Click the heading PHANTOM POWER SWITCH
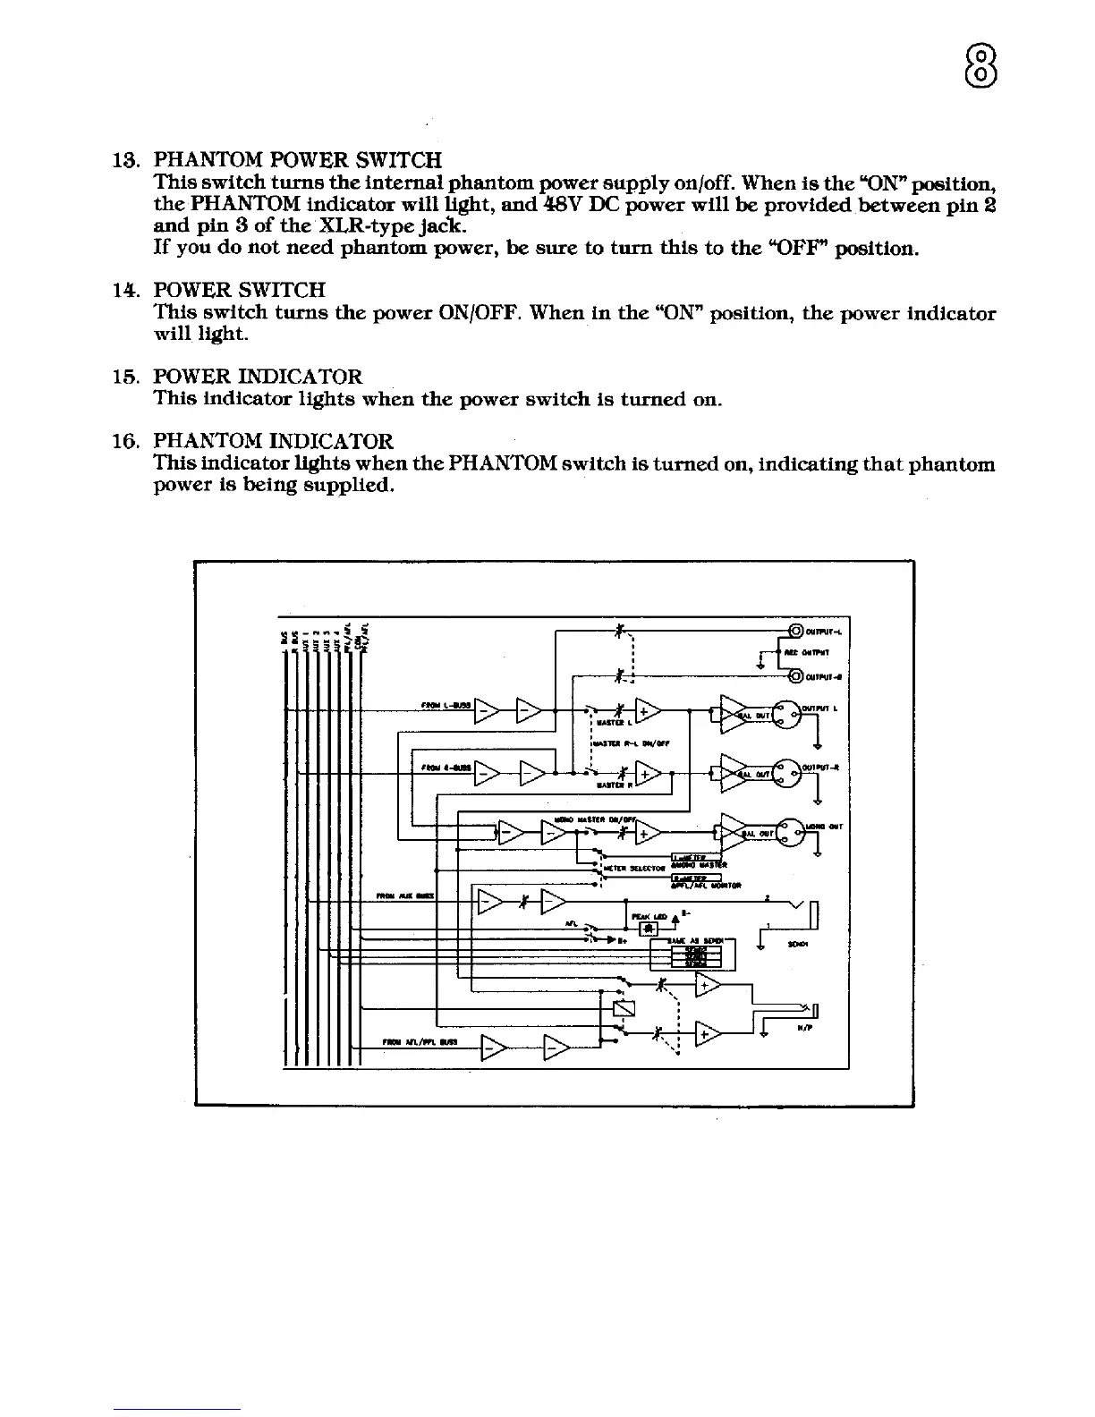tap(298, 161)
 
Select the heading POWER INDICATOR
tap(259, 377)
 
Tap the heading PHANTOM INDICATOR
tap(273, 442)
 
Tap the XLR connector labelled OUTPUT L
tap(787, 714)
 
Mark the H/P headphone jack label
tap(803, 1029)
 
